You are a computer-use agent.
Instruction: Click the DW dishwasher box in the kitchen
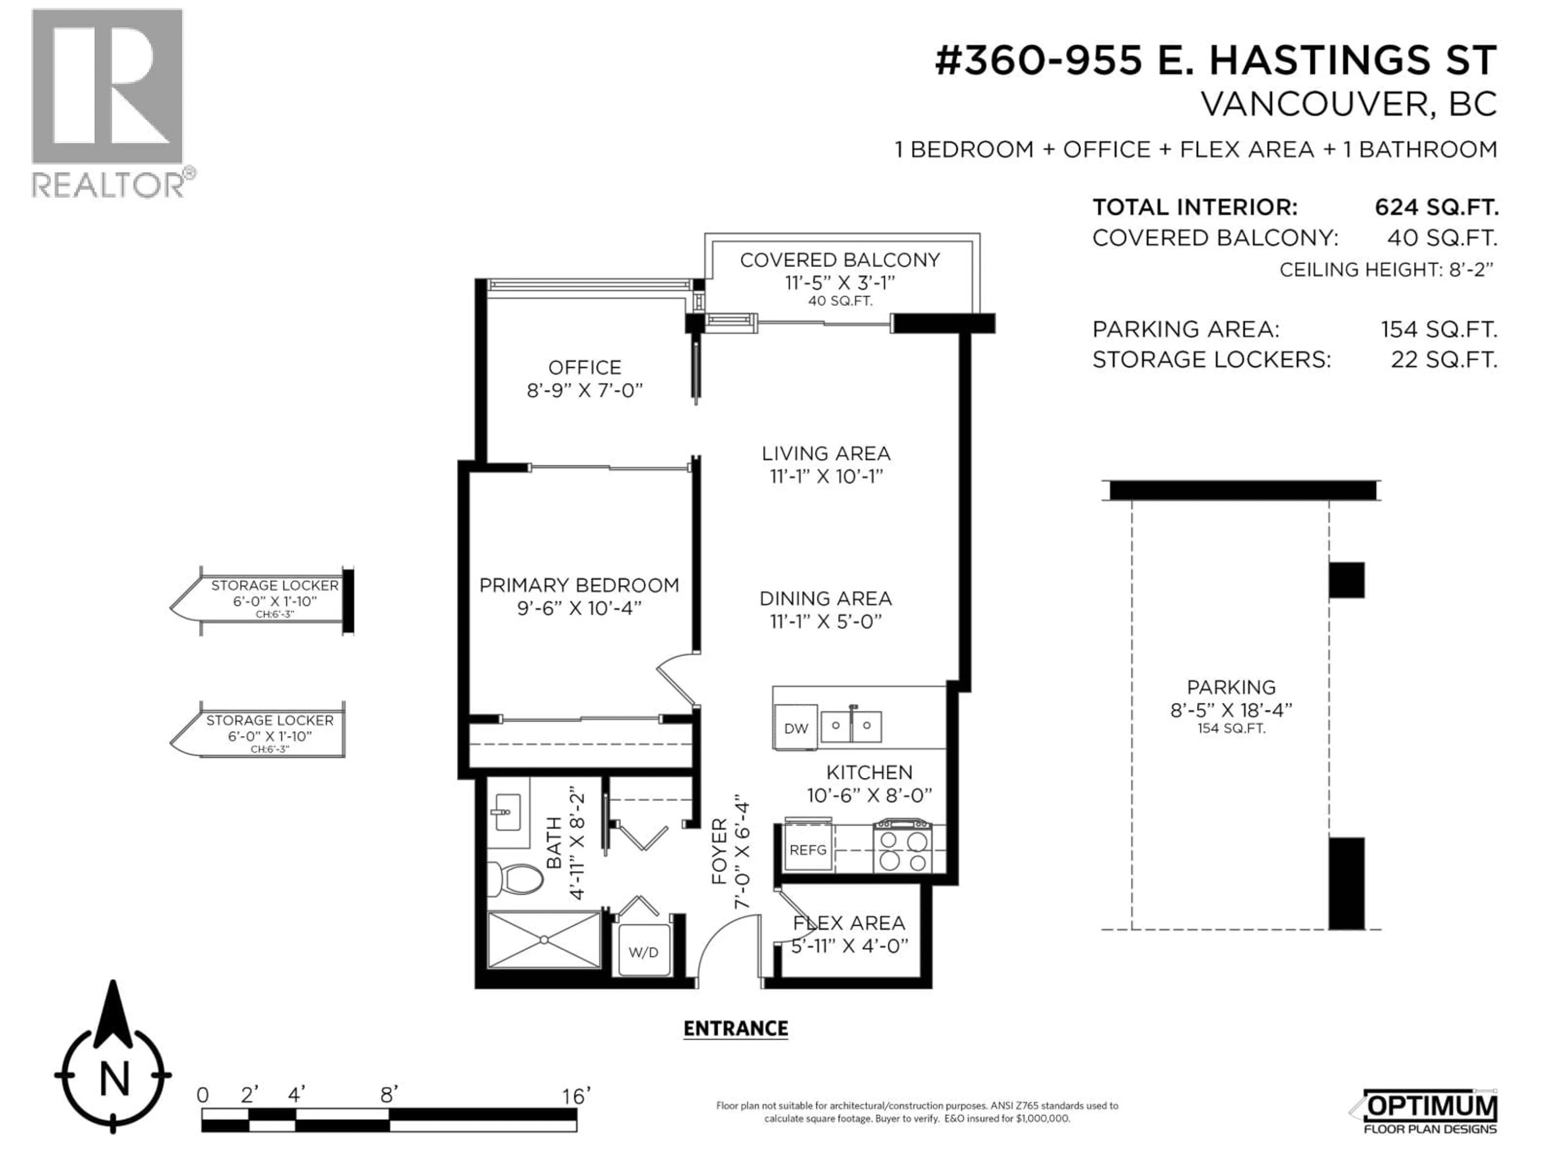click(x=795, y=728)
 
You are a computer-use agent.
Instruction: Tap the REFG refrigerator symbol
click(x=808, y=850)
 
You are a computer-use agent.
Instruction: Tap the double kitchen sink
click(x=852, y=725)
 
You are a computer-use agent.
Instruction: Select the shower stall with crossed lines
click(x=544, y=939)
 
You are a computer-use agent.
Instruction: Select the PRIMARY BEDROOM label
click(x=579, y=585)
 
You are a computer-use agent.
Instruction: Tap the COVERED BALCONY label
click(x=839, y=260)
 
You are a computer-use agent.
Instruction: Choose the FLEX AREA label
click(x=849, y=923)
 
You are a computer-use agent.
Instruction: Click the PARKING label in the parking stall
click(x=1231, y=687)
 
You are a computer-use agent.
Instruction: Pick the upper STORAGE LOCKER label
click(x=274, y=585)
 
